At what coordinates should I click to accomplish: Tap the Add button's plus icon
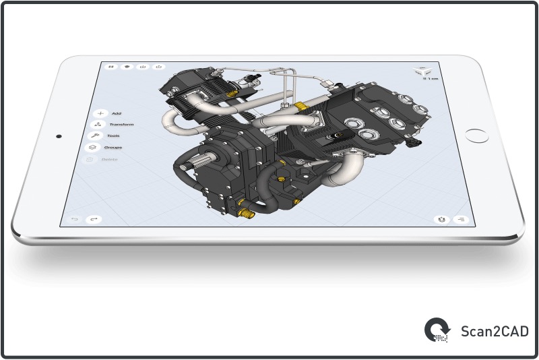[x=100, y=113]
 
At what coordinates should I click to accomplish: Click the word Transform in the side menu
[x=121, y=125]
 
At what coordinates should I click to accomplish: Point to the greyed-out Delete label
[x=109, y=159]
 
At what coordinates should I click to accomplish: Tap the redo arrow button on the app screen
[x=94, y=219]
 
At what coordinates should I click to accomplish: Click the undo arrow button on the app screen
[x=75, y=219]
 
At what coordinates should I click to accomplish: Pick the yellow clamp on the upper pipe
[x=300, y=106]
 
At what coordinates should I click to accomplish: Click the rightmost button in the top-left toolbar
[x=159, y=67]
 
